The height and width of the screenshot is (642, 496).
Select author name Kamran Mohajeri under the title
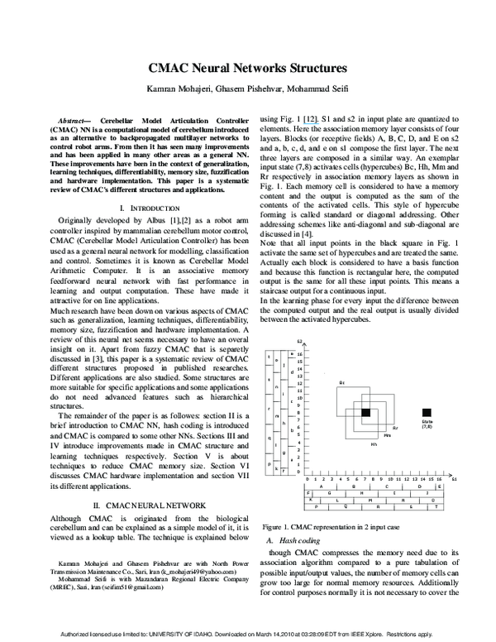[x=176, y=89]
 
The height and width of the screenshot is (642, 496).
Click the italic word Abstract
[x=76, y=118]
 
